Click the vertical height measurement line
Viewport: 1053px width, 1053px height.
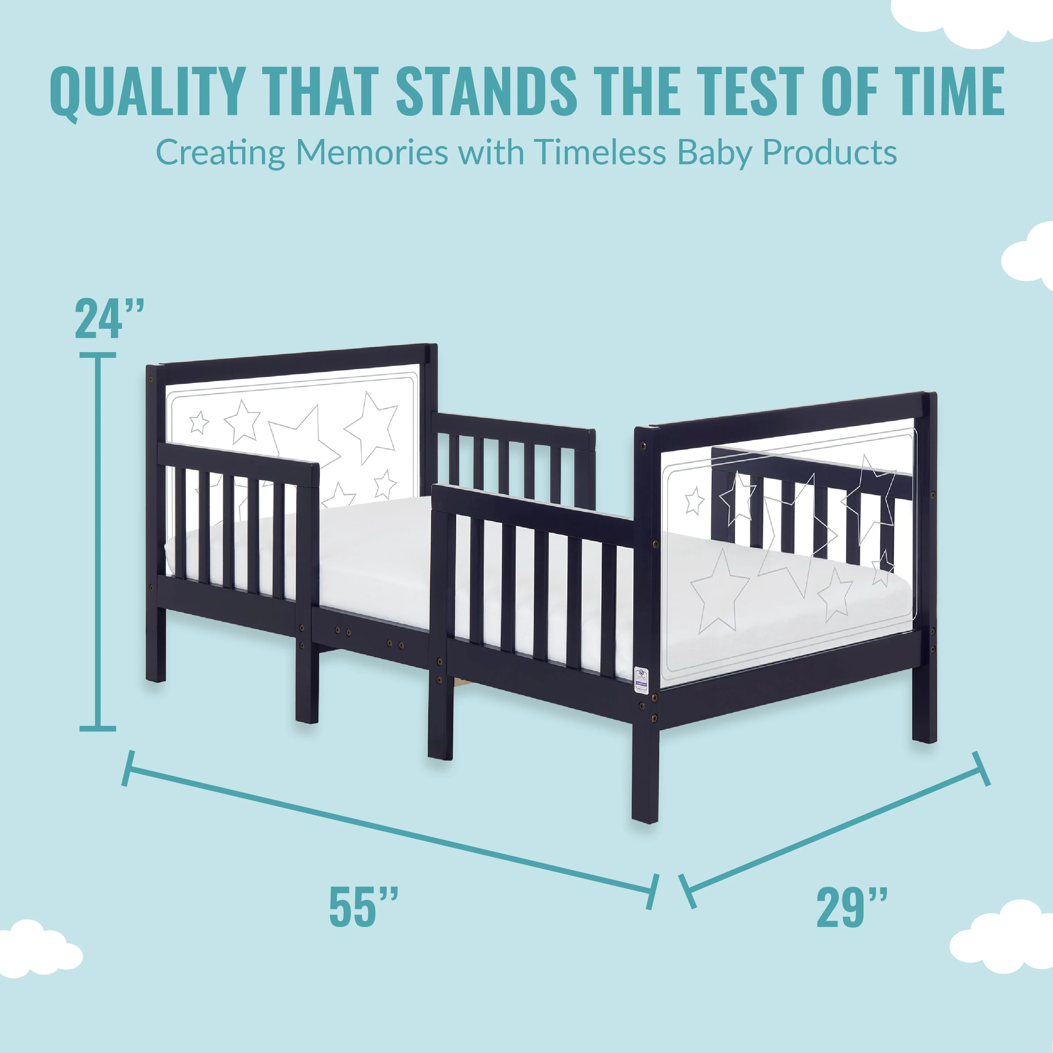(x=98, y=542)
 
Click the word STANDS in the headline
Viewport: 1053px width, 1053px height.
(x=486, y=91)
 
